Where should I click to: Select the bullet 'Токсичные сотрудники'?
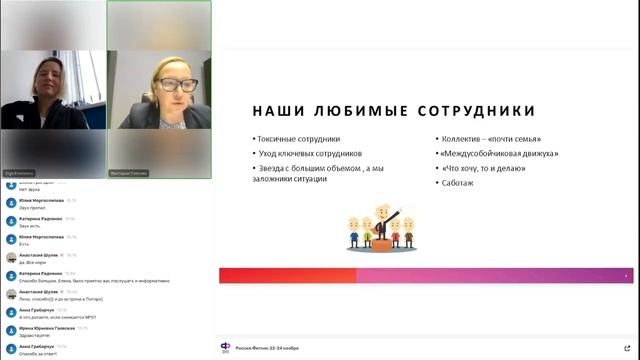tap(299, 139)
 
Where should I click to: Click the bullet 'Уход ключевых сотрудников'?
tap(309, 154)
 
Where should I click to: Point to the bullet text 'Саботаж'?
tap(457, 183)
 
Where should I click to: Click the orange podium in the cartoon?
tap(379, 241)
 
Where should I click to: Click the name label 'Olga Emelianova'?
tap(20, 172)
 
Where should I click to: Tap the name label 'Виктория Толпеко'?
tap(127, 172)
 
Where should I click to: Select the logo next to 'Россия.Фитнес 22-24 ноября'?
tap(225, 347)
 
